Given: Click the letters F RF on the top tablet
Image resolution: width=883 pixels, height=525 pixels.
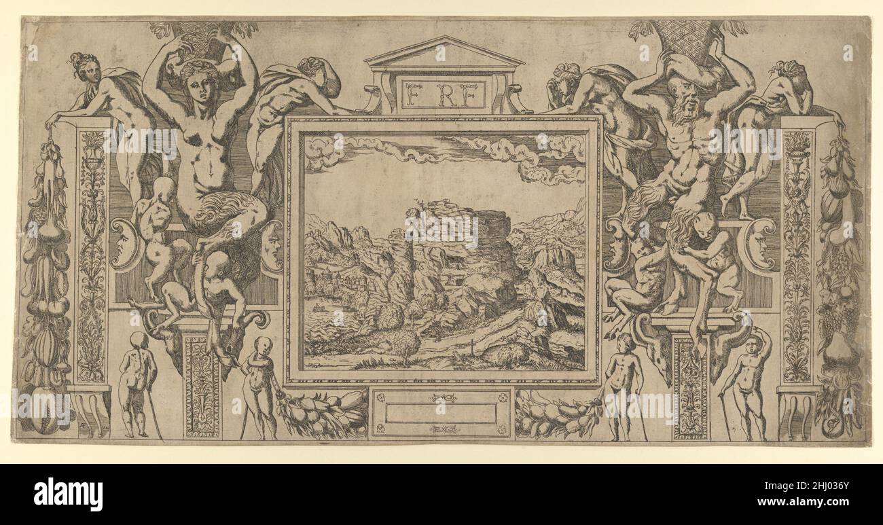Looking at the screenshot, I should click(442, 95).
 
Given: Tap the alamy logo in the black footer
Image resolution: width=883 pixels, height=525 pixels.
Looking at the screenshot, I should click(68, 494).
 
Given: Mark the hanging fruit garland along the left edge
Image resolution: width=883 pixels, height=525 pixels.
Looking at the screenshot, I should click(44, 285).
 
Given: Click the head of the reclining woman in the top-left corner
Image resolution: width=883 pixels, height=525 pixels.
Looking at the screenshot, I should click(82, 66).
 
